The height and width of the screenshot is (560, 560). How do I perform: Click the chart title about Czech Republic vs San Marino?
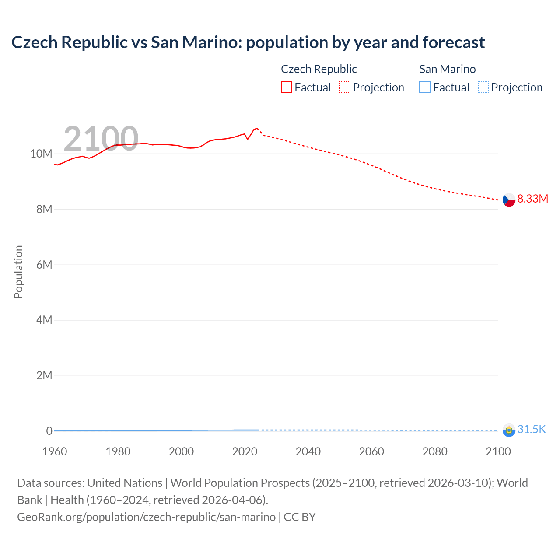(248, 42)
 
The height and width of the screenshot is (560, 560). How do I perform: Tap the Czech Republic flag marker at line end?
(509, 199)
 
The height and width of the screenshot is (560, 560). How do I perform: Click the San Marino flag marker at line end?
(509, 430)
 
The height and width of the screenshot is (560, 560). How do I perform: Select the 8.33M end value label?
(532, 199)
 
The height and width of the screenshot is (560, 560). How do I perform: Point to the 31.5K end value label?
(532, 429)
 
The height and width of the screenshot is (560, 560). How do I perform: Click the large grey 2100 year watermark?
(101, 139)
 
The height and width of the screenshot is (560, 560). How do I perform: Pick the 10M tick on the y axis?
(41, 154)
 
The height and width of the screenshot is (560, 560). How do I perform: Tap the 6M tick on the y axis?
(44, 265)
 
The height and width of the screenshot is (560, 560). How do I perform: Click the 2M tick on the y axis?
(44, 375)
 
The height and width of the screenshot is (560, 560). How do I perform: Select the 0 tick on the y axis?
(49, 431)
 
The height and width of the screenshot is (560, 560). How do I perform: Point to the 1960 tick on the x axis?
(55, 451)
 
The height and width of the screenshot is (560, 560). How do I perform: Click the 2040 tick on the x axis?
(308, 451)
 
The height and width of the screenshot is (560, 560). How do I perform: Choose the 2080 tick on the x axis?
(435, 451)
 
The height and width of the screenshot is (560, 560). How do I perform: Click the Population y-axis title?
(18, 272)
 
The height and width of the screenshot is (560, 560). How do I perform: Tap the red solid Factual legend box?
(287, 87)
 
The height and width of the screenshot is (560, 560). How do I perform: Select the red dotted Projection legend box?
(345, 87)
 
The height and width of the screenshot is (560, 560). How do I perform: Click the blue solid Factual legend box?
(425, 87)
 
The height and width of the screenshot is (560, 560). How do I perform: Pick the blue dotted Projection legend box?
(483, 87)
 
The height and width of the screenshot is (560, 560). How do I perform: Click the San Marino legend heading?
(447, 69)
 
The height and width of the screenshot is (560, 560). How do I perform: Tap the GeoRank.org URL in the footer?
(147, 517)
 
